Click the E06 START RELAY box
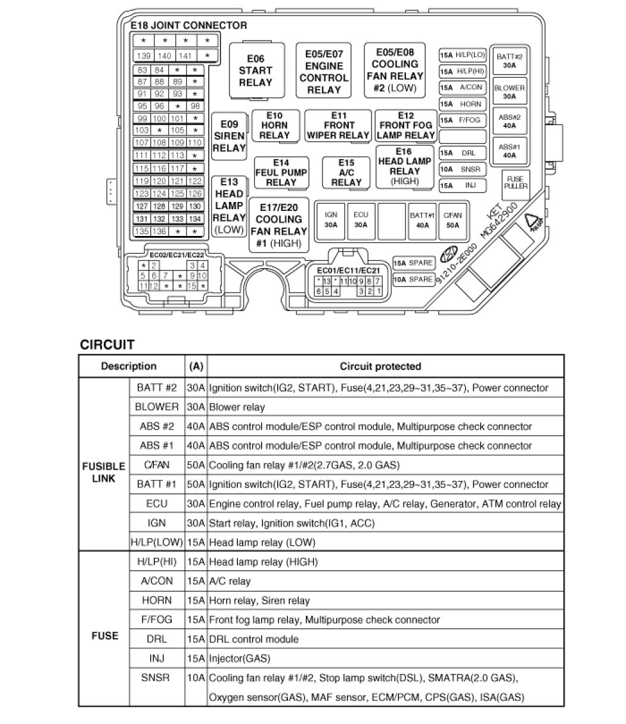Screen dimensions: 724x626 255,70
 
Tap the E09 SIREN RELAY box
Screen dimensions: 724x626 229,136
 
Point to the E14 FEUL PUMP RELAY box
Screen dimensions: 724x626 281,172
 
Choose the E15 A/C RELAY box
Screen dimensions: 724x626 346,172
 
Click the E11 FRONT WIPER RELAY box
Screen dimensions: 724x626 339,125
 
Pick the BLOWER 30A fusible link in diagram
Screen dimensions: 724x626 509,92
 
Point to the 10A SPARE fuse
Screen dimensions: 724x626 413,279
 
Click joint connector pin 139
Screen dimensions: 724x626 144,56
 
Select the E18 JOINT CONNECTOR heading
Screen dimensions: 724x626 188,26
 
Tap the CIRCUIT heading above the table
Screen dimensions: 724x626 107,344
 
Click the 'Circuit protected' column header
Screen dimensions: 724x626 380,366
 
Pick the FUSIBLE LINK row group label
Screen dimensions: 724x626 103,471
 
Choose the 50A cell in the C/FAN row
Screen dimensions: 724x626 196,465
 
